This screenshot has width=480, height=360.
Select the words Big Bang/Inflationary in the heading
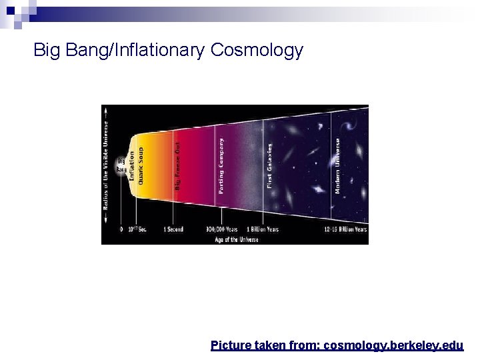click(x=120, y=50)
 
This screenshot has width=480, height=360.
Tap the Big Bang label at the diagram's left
click(x=121, y=165)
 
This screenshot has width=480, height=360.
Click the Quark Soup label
click(x=141, y=166)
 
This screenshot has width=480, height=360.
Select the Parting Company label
click(x=221, y=166)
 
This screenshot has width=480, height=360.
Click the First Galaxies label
click(x=270, y=165)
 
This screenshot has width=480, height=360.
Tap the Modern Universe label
click(x=337, y=166)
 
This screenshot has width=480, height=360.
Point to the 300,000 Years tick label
click(x=222, y=229)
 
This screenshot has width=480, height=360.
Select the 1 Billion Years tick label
click(x=263, y=229)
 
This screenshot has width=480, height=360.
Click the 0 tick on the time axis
click(x=121, y=229)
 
